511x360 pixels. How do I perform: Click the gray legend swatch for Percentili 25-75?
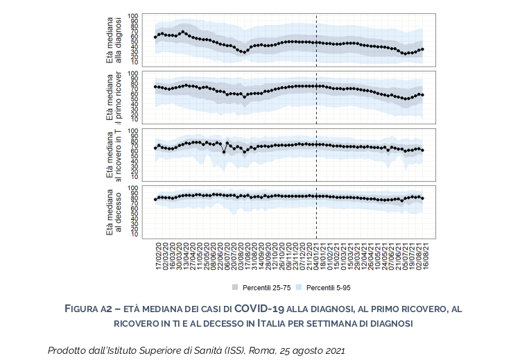[x=234, y=286]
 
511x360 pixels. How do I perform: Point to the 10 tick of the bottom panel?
[x=135, y=233]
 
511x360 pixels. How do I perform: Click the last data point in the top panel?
[x=422, y=49]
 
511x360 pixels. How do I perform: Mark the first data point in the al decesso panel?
[x=155, y=200]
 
